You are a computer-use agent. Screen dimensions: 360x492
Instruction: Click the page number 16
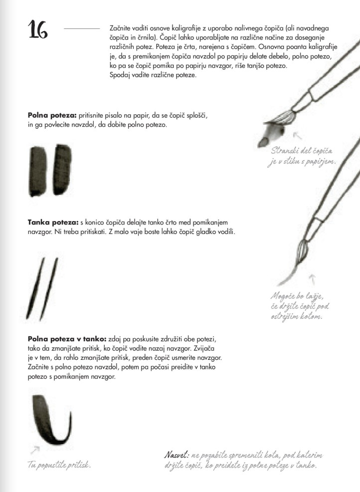click(x=38, y=29)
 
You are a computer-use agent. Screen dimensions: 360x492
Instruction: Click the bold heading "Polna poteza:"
click(x=52, y=115)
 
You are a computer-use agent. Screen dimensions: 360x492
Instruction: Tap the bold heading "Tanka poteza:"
click(x=53, y=223)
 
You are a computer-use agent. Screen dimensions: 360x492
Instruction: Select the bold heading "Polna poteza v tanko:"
click(x=67, y=339)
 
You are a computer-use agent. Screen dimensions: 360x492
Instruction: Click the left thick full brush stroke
click(x=38, y=171)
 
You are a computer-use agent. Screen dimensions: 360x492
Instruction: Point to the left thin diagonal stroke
click(x=35, y=288)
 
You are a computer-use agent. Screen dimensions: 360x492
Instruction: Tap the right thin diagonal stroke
click(x=49, y=289)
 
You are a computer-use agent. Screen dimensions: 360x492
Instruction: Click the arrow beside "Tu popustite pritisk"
click(x=35, y=450)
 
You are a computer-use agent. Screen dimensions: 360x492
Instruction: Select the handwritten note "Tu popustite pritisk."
click(x=59, y=465)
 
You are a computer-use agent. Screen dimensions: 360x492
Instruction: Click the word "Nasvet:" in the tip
click(x=177, y=455)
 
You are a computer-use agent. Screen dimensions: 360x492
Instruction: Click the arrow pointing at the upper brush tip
click(x=297, y=135)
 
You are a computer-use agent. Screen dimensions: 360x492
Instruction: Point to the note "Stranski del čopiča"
click(x=302, y=151)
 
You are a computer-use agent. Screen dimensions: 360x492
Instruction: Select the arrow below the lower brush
click(x=312, y=279)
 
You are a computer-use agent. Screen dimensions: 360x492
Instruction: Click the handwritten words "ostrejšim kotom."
click(x=297, y=316)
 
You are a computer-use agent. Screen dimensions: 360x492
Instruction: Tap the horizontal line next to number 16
click(x=82, y=29)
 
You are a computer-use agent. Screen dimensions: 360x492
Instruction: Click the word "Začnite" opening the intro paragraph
click(x=121, y=28)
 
